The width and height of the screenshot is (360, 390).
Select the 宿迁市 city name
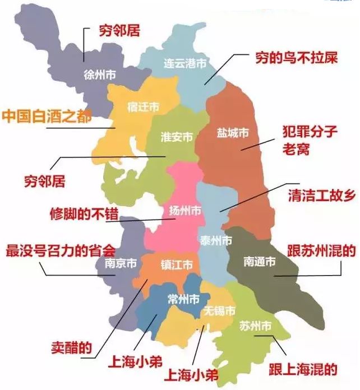pos(143,106)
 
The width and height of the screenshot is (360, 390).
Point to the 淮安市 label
pos(177,137)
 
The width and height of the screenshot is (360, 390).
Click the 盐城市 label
pos(233,133)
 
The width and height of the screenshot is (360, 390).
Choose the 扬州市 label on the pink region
pos(186,211)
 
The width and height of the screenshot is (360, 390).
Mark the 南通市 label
pos(259,261)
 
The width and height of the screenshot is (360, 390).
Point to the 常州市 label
pos(183,299)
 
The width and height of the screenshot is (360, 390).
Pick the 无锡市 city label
pos(219,310)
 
